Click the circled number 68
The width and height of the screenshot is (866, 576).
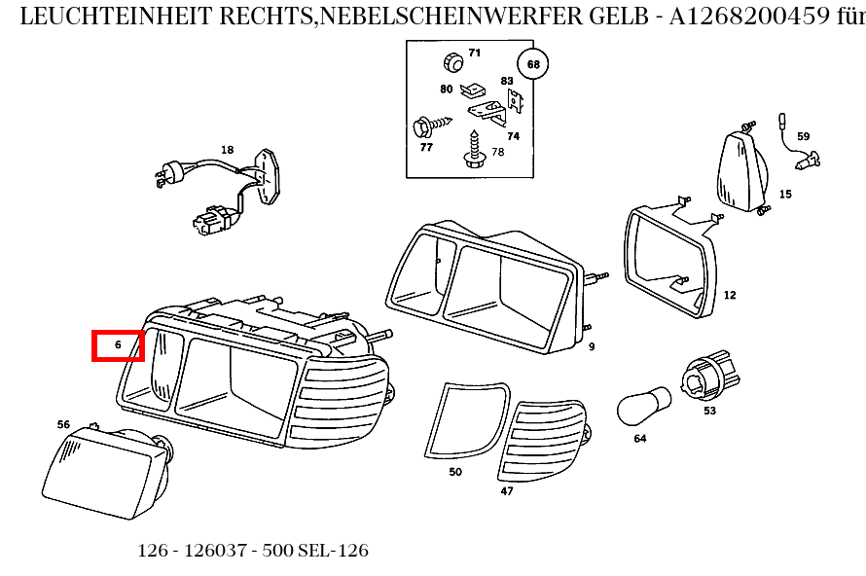point(533,65)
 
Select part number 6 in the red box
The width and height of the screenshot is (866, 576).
point(118,344)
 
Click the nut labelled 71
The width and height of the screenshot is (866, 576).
point(451,61)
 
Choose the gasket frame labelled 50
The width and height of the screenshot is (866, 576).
point(465,419)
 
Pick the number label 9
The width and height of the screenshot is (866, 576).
point(591,346)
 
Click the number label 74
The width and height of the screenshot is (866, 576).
point(513,136)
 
